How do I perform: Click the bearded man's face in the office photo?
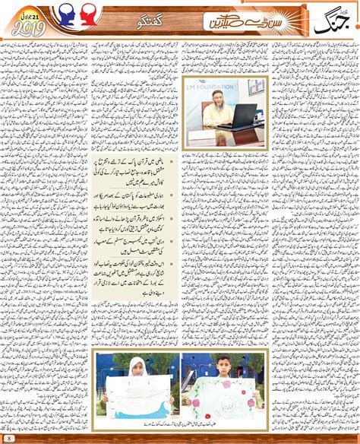point(214,113)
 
